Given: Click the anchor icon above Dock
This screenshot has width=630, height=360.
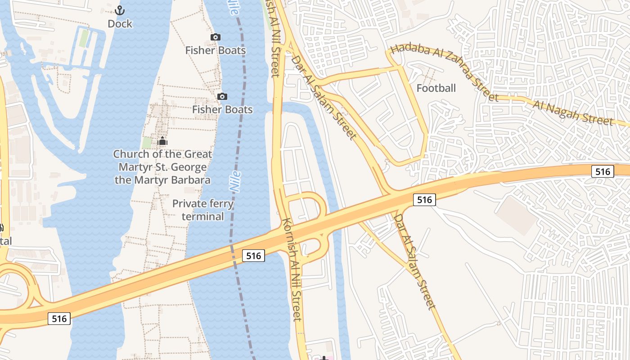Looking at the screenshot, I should [120, 10].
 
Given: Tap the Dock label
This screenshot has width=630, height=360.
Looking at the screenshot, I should [120, 24].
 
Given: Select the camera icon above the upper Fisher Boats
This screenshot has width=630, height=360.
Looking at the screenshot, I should [216, 37].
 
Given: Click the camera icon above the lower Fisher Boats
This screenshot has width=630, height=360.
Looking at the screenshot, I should [222, 96].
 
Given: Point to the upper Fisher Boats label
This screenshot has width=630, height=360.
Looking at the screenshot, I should [216, 50].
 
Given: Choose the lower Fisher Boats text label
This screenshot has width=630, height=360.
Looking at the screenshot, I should [222, 109].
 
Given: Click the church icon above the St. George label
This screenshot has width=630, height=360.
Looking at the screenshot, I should [162, 141].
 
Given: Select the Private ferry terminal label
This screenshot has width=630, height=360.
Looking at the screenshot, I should [203, 210].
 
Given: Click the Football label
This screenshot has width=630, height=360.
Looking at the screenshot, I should [436, 88].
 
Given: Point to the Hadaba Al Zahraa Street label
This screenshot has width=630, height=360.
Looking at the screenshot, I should [445, 72].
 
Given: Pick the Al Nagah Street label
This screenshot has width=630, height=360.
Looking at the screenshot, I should [573, 113].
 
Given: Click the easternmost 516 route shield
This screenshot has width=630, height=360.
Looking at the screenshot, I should [602, 171].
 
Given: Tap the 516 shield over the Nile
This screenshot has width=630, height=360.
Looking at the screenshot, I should [254, 256].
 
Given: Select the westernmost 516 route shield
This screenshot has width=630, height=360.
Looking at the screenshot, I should [59, 319].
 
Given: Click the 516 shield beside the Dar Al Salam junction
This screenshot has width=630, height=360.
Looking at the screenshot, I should [424, 199].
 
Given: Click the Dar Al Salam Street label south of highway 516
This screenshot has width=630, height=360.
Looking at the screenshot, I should [415, 261].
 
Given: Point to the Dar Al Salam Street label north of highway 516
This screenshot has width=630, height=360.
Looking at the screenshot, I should [324, 97].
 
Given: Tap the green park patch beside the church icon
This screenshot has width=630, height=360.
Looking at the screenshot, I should [147, 143].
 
